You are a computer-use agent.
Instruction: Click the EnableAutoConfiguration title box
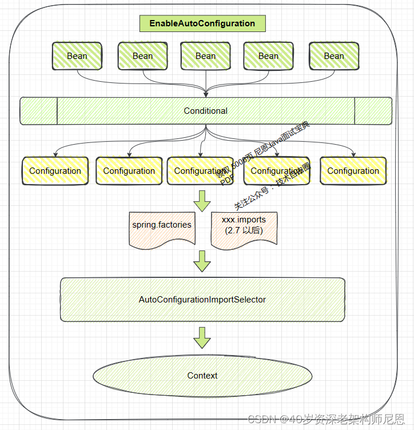pos(202,23)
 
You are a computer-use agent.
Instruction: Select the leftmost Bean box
pos(77,56)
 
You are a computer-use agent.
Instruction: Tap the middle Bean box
pos(205,56)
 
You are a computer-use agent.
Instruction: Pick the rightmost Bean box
pos(334,56)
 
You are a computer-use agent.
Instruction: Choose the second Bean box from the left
pos(142,56)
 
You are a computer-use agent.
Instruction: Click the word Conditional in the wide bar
pos(205,111)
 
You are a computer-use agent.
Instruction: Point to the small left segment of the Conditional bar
pos(39,111)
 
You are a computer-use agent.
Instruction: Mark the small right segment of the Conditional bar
pos(373,111)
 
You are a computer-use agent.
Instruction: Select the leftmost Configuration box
pos(55,171)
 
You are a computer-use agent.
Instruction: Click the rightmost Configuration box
pos(353,171)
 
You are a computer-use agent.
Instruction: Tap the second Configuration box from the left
pos(129,171)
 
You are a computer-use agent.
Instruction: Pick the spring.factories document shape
pos(162,228)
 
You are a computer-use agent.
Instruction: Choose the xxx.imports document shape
pos(244,228)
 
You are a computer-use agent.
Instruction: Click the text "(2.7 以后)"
pos(244,230)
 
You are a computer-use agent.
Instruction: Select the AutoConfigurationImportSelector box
pos(202,300)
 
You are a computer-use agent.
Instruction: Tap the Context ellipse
pos(202,376)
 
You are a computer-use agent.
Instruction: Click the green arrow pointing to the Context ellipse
pos(202,337)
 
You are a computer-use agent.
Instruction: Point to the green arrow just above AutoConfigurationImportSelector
pos(202,261)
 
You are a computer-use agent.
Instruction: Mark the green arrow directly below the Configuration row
pos(202,200)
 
